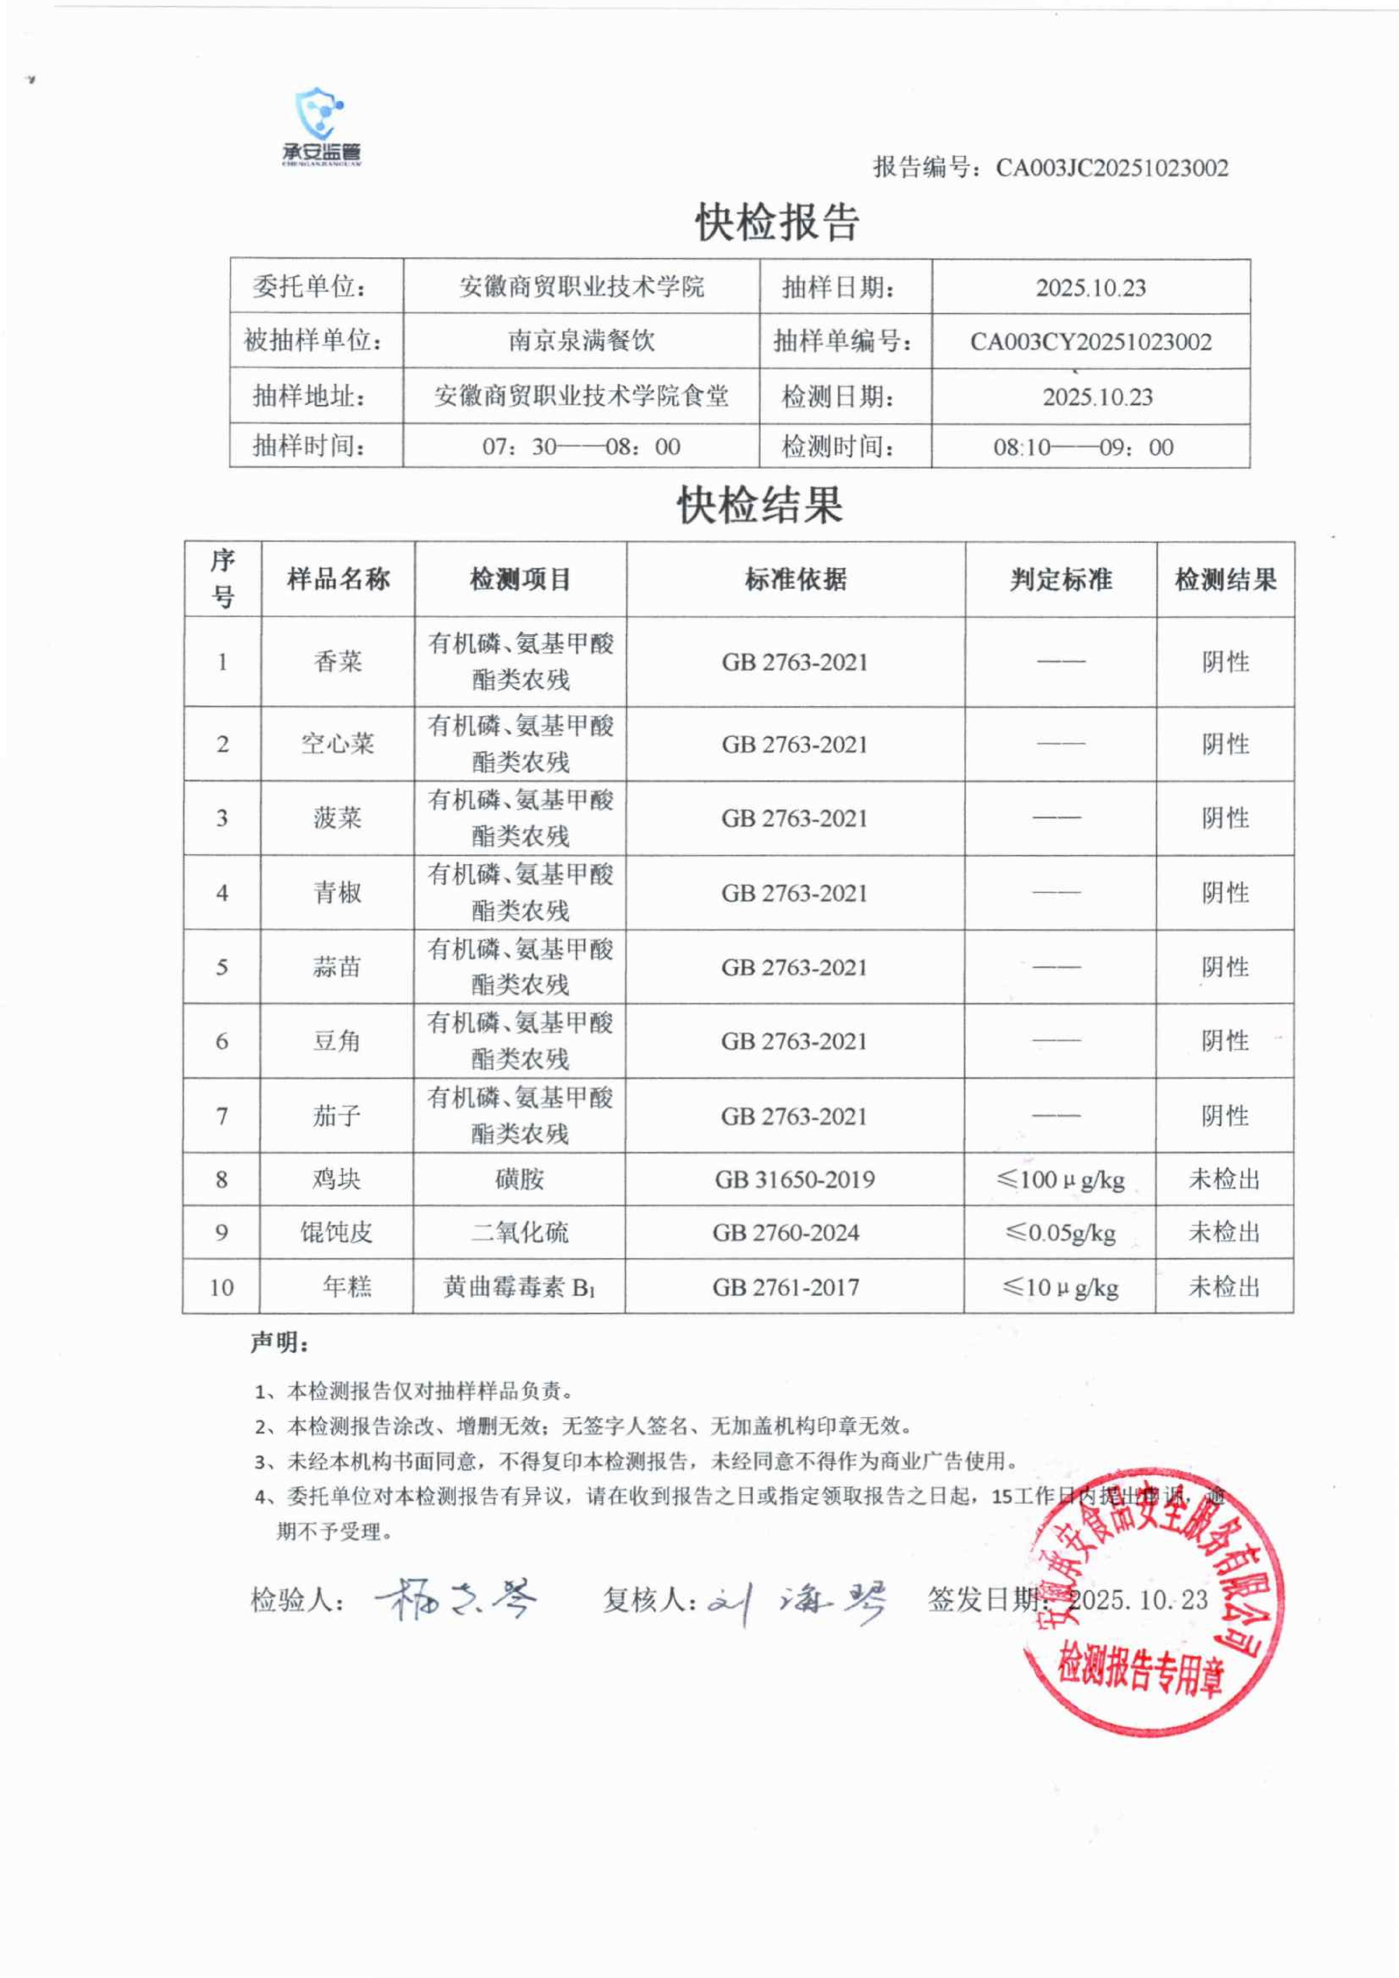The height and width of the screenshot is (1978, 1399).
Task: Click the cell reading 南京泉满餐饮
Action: click(x=581, y=341)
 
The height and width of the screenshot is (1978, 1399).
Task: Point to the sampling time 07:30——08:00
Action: click(x=581, y=447)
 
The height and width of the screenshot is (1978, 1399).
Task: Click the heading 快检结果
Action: click(x=760, y=505)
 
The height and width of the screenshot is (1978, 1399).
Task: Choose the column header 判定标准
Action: click(x=1060, y=580)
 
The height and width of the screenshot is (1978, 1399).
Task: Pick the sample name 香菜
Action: click(x=338, y=661)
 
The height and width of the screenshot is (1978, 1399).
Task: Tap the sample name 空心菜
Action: click(x=338, y=744)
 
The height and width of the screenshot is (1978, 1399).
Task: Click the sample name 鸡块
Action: click(x=337, y=1180)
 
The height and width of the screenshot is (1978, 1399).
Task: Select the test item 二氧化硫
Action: click(x=519, y=1233)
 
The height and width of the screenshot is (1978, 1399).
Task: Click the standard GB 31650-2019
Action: click(x=794, y=1180)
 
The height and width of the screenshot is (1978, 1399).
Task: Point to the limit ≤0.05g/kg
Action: click(x=1060, y=1233)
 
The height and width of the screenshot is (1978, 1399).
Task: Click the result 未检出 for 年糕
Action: click(x=1224, y=1287)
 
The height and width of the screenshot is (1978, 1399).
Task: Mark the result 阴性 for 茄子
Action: click(x=1225, y=1117)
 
